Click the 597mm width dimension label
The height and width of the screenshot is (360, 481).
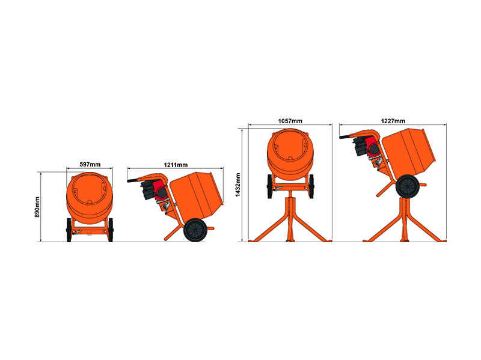90,164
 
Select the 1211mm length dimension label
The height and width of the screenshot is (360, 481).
176,165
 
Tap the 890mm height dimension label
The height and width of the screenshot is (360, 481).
37,207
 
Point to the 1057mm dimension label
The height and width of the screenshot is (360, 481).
290,121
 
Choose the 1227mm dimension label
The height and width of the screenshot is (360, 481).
393,121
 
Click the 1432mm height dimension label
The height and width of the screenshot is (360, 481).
237,185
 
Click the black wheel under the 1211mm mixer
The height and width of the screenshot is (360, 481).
195,230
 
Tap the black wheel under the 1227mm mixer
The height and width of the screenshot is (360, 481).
408,186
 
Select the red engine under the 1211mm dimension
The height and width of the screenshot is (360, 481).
161,191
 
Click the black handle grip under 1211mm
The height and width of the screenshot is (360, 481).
133,181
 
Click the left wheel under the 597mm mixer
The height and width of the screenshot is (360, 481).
69,230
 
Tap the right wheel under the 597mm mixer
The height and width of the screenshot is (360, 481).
111,230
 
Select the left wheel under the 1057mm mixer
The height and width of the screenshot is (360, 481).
269,186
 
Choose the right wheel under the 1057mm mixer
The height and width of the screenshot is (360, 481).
311,186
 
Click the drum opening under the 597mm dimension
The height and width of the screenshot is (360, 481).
90,189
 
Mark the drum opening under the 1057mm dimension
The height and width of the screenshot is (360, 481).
290,145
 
